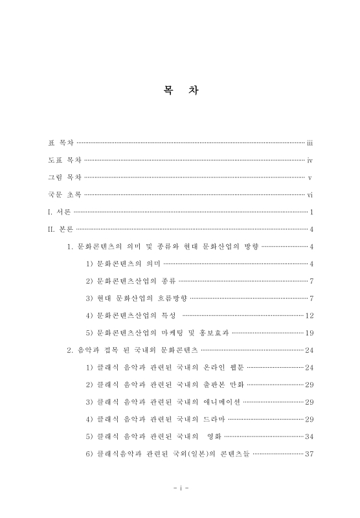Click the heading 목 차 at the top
[181, 91]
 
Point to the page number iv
[310, 159]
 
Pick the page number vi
[310, 194]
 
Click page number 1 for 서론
[311, 211]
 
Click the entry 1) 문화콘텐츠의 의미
[123, 264]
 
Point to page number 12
[309, 315]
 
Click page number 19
[309, 333]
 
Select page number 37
[309, 454]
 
